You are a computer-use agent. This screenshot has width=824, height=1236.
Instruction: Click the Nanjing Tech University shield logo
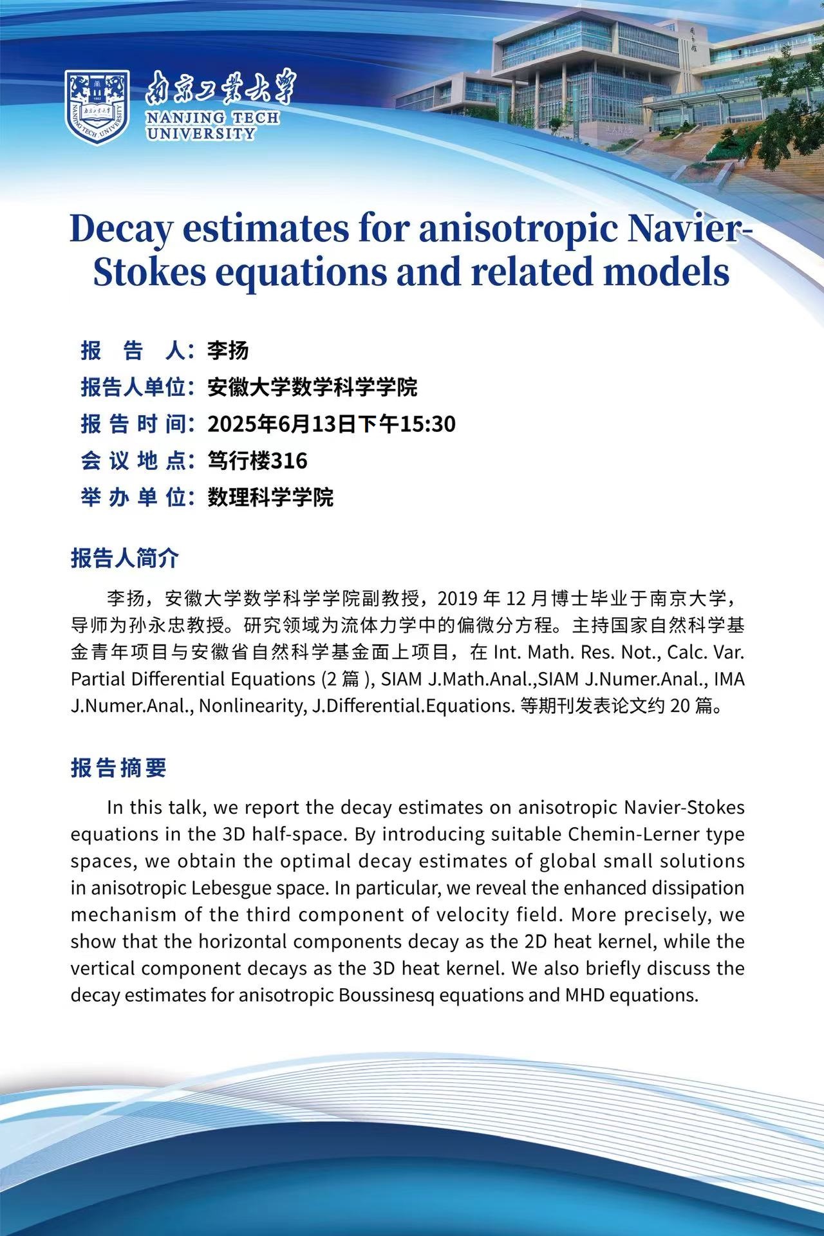click(x=97, y=107)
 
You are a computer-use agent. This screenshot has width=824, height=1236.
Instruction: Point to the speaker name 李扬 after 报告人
click(x=227, y=351)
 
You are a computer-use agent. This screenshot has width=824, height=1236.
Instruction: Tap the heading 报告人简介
click(x=124, y=558)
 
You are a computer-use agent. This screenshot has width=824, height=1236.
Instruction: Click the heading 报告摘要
click(x=118, y=767)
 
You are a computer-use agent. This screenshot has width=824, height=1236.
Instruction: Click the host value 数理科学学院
click(x=270, y=498)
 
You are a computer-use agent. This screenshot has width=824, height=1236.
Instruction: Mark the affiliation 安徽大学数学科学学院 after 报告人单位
click(x=312, y=388)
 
